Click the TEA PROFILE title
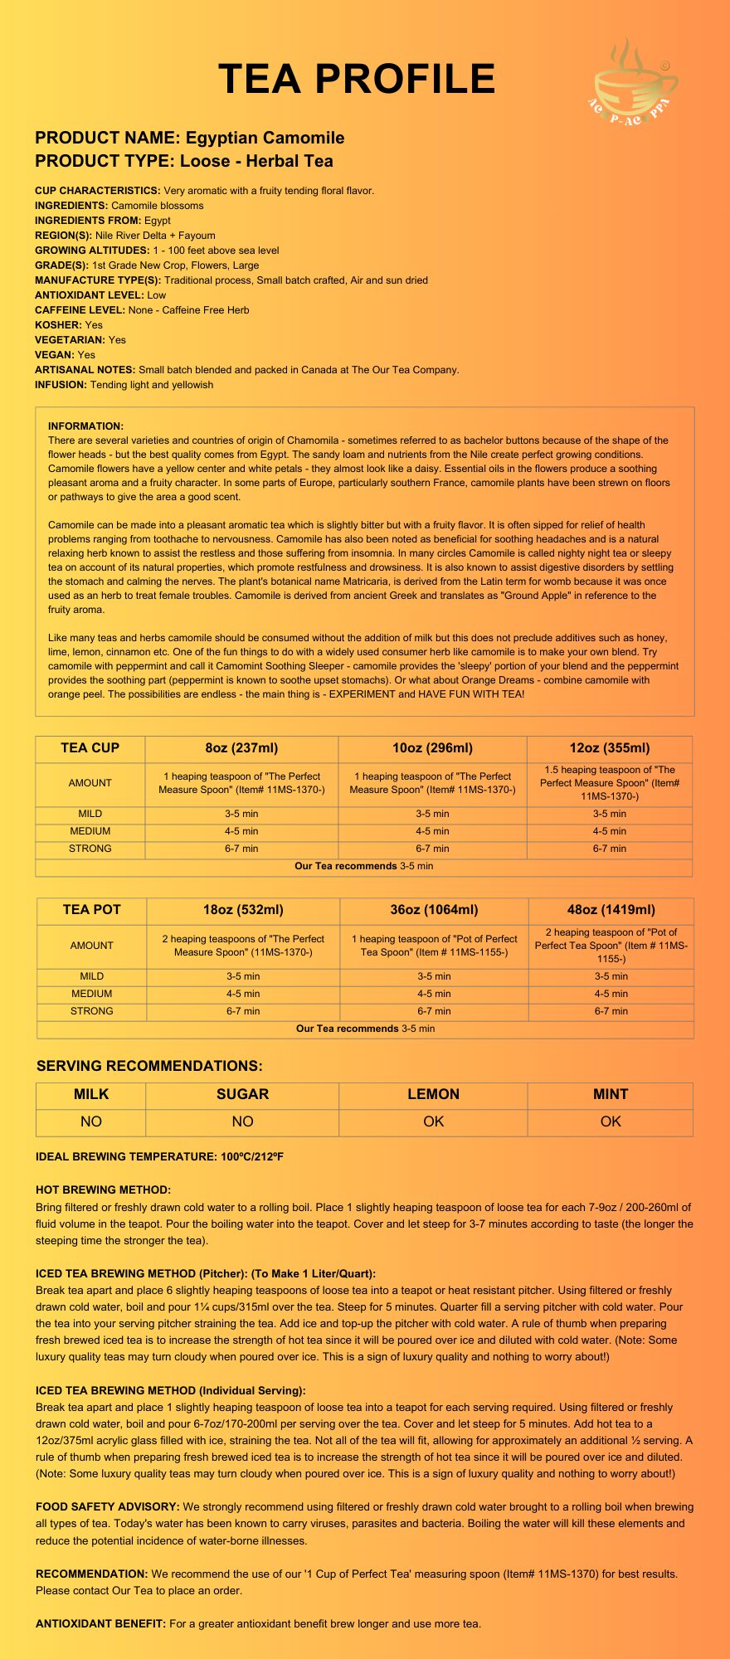[x=357, y=80]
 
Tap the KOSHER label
[x=58, y=325]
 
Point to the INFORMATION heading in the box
[x=85, y=426]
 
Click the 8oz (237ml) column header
[x=241, y=748]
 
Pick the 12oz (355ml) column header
[x=610, y=748]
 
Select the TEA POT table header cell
[x=91, y=910]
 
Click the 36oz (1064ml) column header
[x=434, y=910]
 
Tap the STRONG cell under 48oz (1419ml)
[x=611, y=1011]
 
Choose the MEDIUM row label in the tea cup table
[x=90, y=831]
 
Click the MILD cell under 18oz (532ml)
[x=243, y=976]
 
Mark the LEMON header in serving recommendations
[x=433, y=1094]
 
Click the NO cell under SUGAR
[x=242, y=1121]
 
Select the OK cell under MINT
[x=611, y=1121]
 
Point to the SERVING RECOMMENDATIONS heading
[x=149, y=1066]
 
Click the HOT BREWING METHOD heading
[x=103, y=1190]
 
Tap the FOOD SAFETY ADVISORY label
[x=107, y=1506]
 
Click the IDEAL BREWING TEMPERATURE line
[x=159, y=1156]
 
